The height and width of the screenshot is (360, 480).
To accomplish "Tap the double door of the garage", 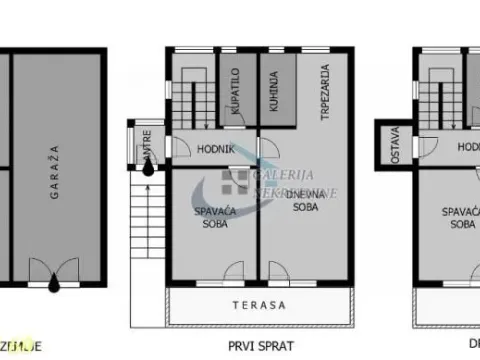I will [54, 271].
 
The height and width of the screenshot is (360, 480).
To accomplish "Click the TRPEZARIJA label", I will [325, 92].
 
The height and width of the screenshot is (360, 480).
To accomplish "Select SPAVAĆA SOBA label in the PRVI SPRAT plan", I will [211, 217].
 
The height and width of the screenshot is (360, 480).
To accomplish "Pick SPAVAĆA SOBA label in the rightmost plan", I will [462, 218].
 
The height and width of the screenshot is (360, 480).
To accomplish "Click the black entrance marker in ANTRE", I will [148, 168].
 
